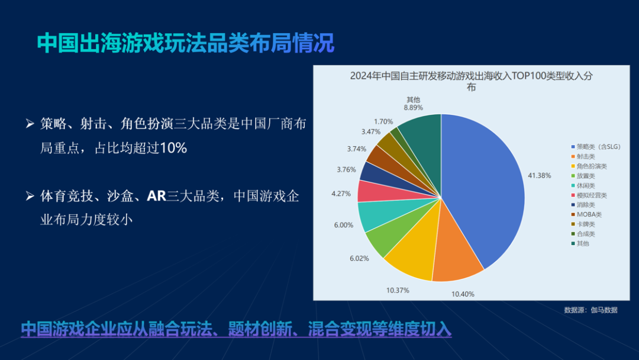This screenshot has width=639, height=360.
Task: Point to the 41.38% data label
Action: pos(539,175)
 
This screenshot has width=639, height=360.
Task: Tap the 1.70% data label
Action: pos(383,121)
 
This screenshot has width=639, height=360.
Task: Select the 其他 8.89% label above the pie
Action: pos(413,104)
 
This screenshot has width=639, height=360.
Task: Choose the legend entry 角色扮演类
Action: pos(592,166)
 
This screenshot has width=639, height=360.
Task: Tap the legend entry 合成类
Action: pos(586,234)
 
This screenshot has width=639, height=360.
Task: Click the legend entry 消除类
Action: pos(586,204)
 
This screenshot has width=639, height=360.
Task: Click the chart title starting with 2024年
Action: pos(471,81)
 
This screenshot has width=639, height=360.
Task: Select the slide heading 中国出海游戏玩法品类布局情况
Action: pos(185,43)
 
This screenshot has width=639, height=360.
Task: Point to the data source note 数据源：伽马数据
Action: pos(590,310)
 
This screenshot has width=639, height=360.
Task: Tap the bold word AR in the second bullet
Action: pos(156,196)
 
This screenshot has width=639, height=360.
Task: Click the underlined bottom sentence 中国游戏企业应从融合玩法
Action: pos(237,329)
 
